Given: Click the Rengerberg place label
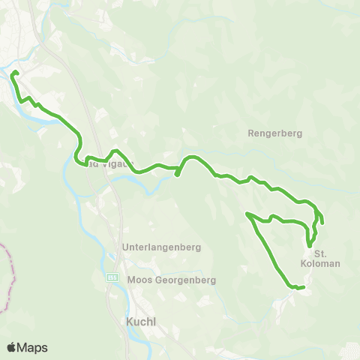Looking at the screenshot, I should [274, 133].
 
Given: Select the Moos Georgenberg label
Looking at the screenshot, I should [172, 280].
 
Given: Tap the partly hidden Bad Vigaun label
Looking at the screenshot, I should [109, 162].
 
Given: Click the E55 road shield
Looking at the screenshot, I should [112, 277].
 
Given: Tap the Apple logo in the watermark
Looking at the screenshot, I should [12, 347].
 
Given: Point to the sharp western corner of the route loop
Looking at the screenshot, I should [247, 215].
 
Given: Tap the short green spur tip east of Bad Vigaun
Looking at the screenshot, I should [176, 175].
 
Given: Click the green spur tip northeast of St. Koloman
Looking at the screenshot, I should [322, 222].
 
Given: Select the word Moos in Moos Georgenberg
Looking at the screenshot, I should [140, 280].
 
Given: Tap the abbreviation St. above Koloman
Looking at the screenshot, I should [321, 253].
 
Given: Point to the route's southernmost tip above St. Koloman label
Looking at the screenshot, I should [309, 245].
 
